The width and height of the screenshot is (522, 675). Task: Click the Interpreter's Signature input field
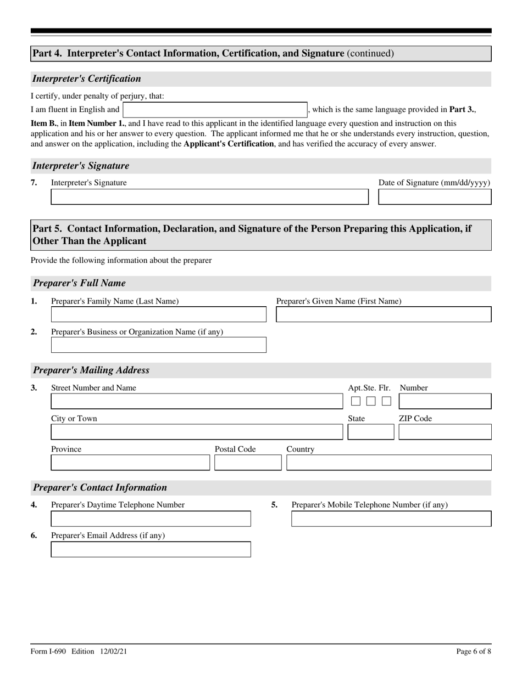[209, 197]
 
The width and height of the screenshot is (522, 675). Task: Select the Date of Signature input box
[435, 197]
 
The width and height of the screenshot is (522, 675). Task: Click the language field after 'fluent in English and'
[215, 110]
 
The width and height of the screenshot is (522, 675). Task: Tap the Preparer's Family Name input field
[158, 314]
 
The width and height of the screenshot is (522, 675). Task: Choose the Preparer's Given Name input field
[383, 314]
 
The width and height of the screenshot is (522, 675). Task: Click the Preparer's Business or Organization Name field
[158, 345]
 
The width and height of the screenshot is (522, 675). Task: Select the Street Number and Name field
[196, 401]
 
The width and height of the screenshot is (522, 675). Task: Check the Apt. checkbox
[356, 401]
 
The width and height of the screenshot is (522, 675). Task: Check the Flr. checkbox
[386, 401]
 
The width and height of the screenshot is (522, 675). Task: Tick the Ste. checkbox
[371, 401]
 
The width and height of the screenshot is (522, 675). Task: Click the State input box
[370, 432]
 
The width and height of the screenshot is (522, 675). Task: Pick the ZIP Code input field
[445, 432]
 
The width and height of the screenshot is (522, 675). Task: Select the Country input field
[388, 463]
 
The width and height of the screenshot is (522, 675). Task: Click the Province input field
[130, 463]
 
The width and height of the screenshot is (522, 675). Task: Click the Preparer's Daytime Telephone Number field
[151, 519]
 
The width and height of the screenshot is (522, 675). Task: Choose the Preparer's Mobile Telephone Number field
[391, 519]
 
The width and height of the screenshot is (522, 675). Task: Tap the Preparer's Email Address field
[151, 549]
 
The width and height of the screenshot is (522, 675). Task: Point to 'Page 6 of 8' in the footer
[474, 651]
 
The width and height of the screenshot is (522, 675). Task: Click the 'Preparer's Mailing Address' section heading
[91, 370]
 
